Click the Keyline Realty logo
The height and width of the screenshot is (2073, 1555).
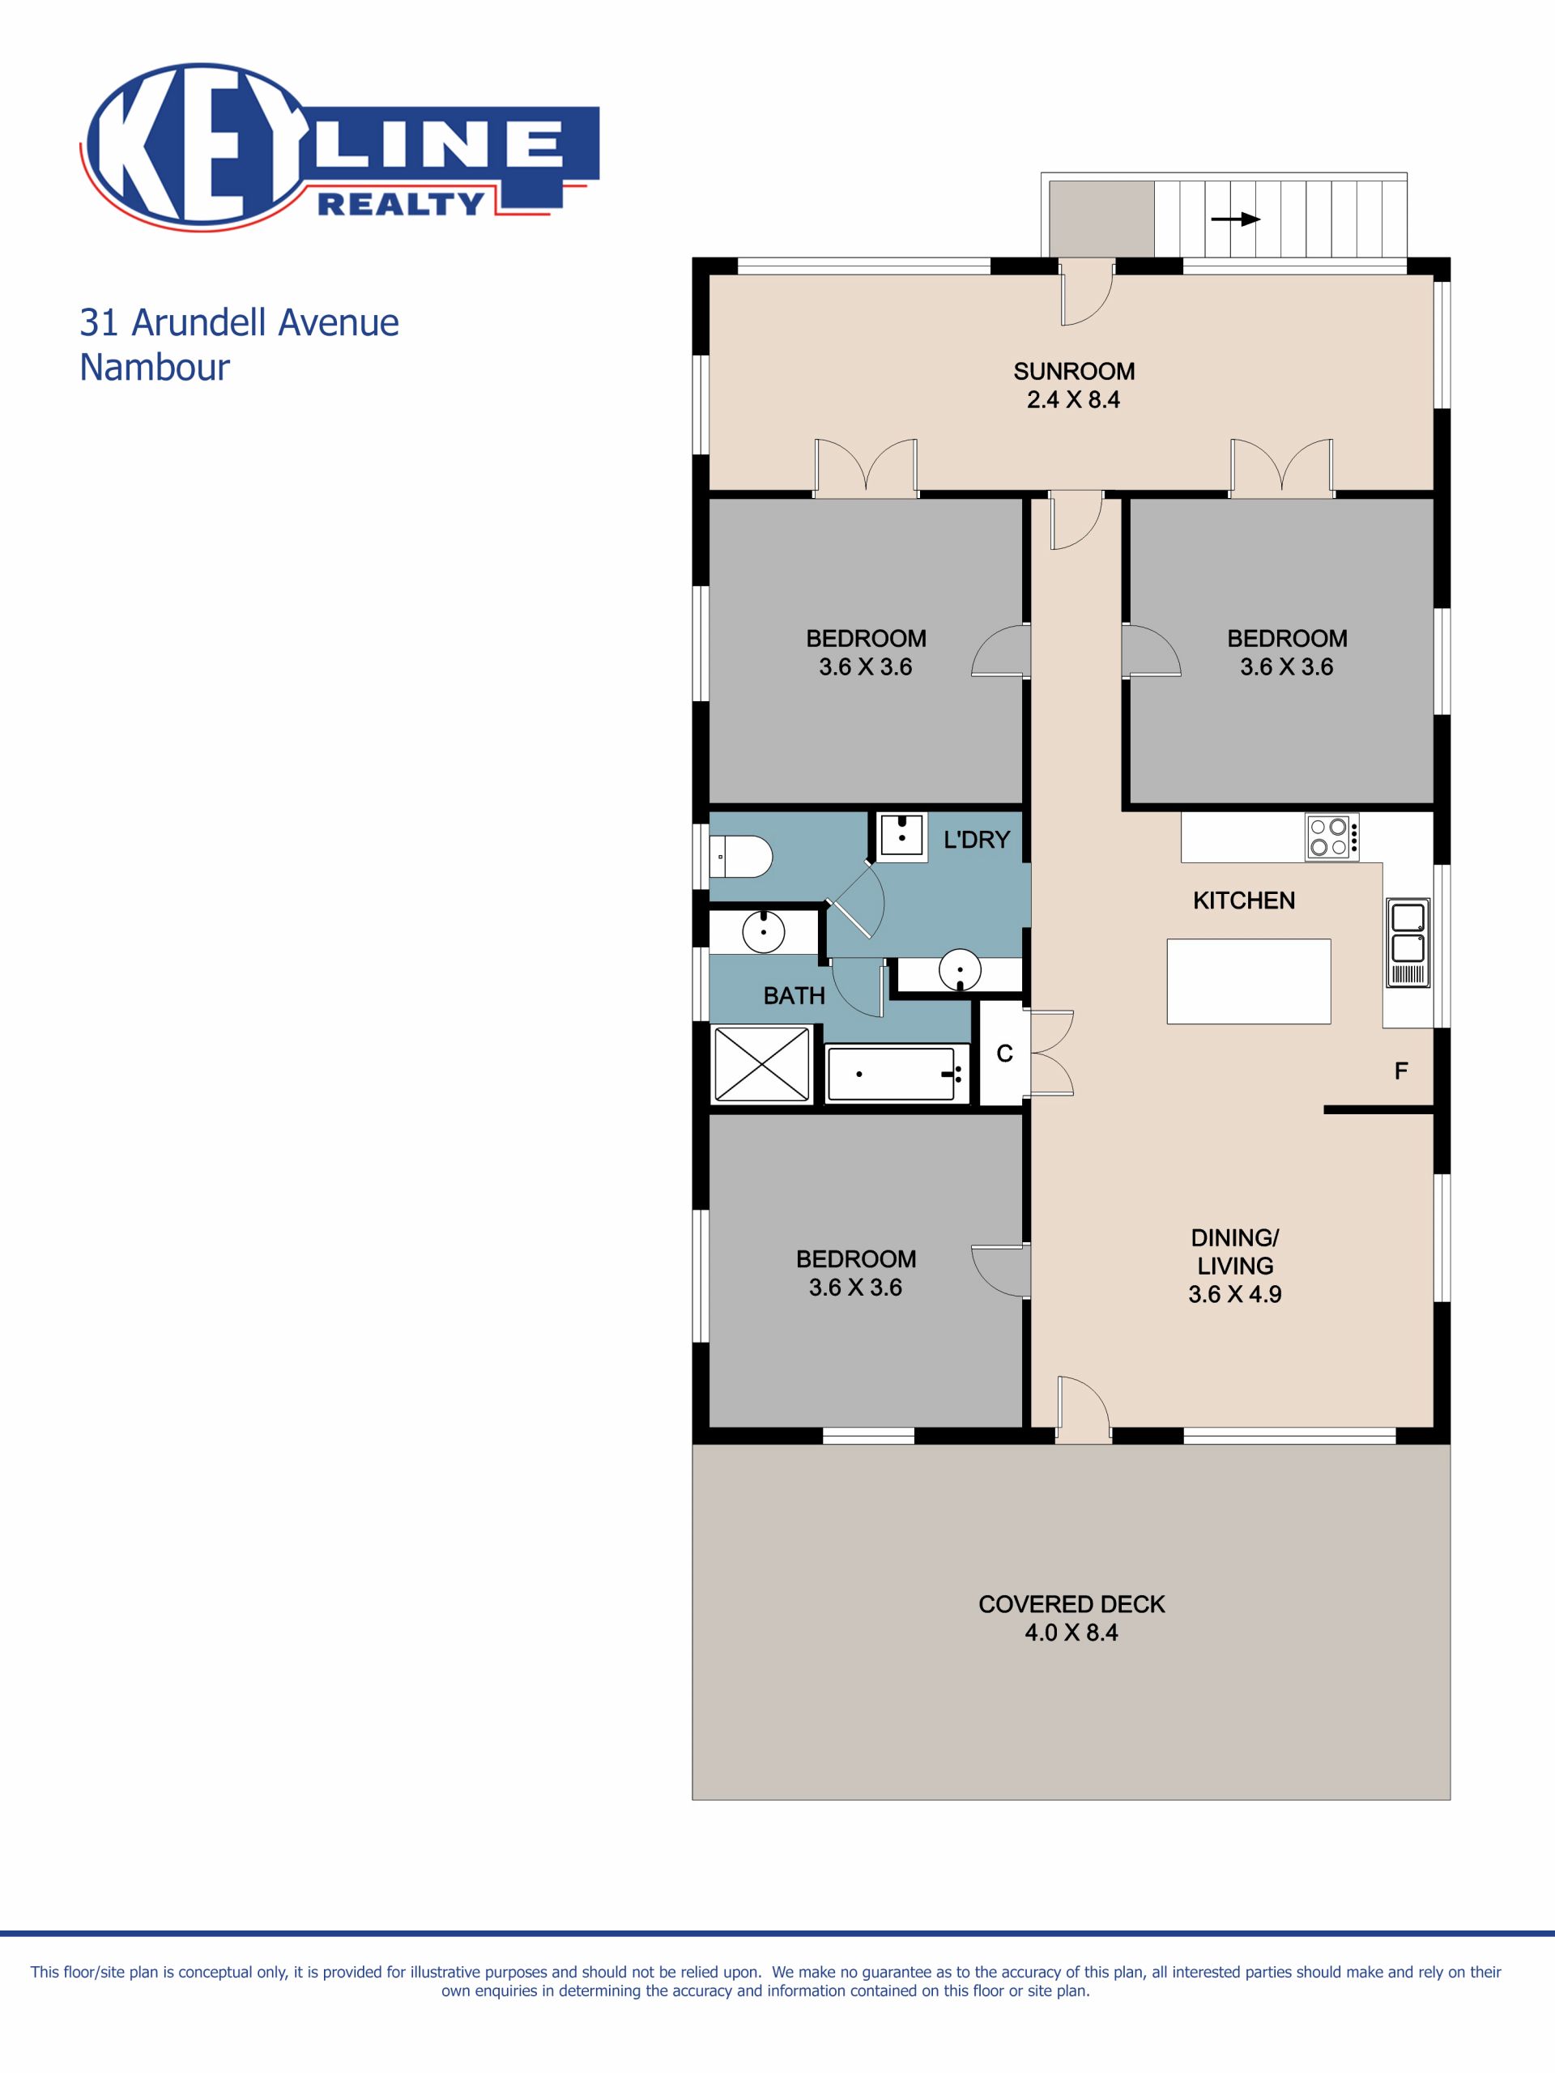click(x=339, y=147)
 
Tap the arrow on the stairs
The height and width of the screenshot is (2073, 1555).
click(x=1235, y=219)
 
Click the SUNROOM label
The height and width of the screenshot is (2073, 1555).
click(x=1074, y=371)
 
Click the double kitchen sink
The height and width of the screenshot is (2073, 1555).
click(x=1408, y=942)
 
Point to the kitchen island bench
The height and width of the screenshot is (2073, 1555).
click(x=1249, y=981)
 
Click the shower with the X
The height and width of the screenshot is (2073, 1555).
click(x=761, y=1064)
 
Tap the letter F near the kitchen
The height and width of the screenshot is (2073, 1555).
click(x=1401, y=1071)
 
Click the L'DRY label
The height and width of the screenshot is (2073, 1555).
click(x=977, y=840)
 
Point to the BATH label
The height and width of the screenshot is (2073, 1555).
click(x=794, y=995)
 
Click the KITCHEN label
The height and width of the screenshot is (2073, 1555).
click(x=1244, y=900)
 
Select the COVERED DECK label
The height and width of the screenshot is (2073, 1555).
click(x=1071, y=1604)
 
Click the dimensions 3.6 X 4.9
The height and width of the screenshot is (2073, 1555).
click(x=1234, y=1294)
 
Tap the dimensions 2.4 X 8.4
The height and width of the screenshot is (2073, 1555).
click(x=1073, y=400)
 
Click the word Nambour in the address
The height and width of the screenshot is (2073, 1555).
click(x=155, y=367)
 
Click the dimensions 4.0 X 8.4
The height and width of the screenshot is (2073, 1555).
click(x=1071, y=1632)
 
